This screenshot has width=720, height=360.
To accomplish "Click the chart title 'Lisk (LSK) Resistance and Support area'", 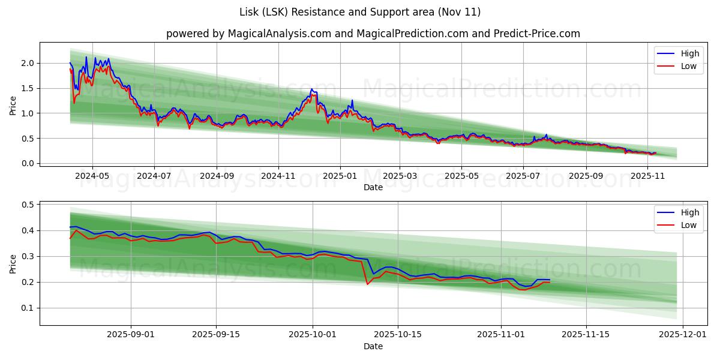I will point(360,12).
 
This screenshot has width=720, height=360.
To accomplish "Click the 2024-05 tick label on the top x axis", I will point(92,176).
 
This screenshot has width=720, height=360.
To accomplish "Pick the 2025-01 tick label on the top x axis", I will point(340,176).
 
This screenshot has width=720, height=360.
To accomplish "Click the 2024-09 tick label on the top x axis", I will point(217,176).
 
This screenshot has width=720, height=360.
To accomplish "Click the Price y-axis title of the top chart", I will point(13,105).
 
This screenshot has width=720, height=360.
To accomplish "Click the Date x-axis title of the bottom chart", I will point(373,346).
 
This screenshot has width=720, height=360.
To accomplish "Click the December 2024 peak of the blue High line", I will point(311,89).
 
